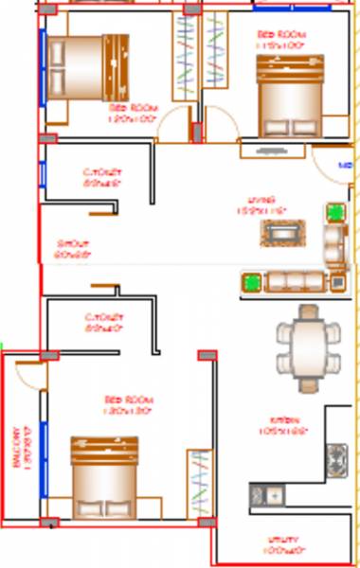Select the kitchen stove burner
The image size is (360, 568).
337,458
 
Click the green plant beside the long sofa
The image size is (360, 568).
252,281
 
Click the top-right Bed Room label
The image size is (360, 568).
280,39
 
